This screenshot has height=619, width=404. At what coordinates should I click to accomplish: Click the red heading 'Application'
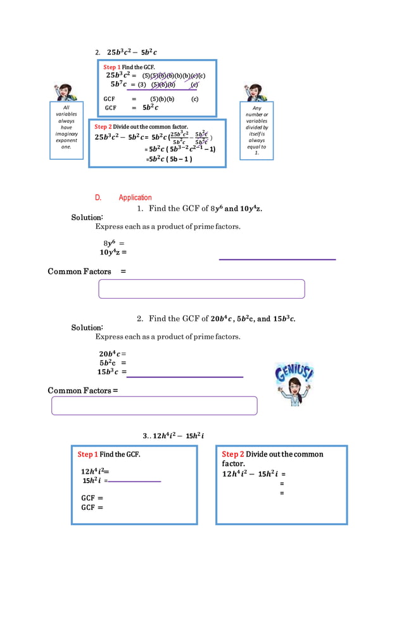(135, 197)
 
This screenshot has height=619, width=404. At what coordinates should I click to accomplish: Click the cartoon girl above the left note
(65, 92)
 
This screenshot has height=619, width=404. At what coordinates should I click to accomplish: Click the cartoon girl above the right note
(256, 93)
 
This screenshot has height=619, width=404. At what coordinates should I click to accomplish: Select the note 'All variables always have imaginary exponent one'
(66, 131)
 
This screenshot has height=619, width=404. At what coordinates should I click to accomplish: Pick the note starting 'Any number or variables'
(256, 131)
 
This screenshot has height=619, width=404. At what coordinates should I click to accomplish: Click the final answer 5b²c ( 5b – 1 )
(170, 159)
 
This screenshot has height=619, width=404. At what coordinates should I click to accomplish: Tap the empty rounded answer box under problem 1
(201, 289)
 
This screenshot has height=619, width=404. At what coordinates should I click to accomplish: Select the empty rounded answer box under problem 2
(154, 405)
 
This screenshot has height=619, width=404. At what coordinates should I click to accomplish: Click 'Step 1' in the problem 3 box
(87, 454)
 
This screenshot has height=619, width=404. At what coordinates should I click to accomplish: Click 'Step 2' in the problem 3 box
(232, 454)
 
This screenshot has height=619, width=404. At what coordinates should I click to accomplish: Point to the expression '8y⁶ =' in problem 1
(113, 243)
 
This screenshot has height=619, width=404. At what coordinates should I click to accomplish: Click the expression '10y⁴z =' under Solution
(113, 252)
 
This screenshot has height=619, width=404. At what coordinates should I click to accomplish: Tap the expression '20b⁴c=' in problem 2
(112, 354)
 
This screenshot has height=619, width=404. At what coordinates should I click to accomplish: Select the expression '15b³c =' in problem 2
(111, 372)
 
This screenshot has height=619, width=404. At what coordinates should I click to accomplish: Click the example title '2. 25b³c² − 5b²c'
(132, 52)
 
